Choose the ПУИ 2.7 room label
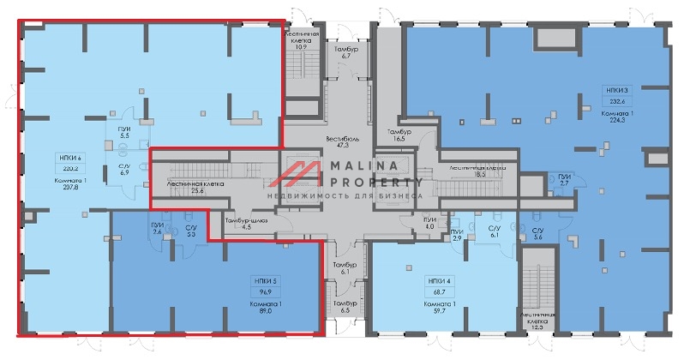click(564, 179)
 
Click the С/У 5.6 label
click(537, 234)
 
